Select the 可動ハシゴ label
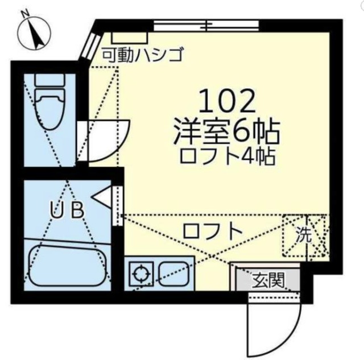point(142,55)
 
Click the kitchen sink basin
point(174,274)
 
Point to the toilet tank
point(50,80)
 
